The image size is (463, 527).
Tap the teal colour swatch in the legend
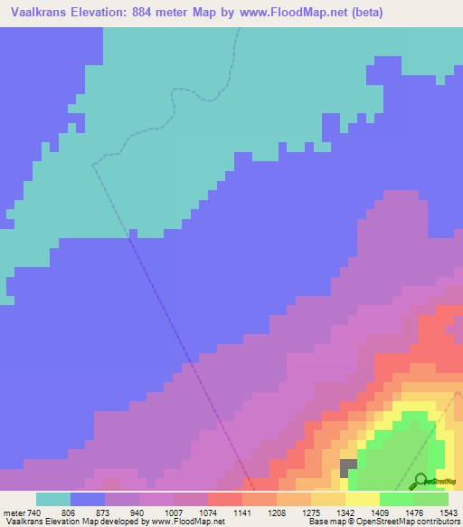pyautogui.click(x=52, y=498)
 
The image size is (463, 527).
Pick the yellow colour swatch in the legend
pyautogui.click(x=362, y=498)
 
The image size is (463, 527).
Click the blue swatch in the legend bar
pyautogui.click(x=87, y=498)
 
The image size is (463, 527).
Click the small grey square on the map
pyautogui.click(x=348, y=467)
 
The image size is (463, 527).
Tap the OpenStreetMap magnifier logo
pyautogui.click(x=419, y=482)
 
